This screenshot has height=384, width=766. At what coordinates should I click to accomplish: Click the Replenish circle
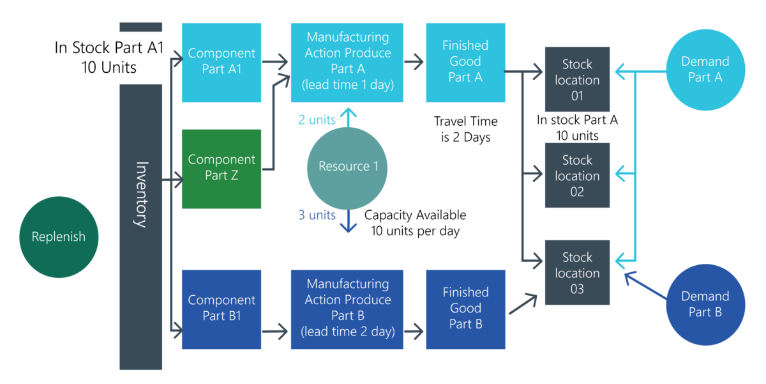pos(59,237)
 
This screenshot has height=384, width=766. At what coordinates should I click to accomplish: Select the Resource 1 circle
pos(347,167)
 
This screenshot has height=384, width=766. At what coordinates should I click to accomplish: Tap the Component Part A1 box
pos(222,62)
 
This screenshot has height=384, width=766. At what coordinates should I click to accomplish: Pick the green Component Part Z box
pos(222,169)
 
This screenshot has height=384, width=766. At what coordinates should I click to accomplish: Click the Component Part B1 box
pos(222,309)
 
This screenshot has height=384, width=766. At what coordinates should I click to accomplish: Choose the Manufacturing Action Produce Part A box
pos(347,62)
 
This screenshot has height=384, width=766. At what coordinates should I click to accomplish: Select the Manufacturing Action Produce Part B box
pos(347,309)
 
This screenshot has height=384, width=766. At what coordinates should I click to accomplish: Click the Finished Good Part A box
pos(465,62)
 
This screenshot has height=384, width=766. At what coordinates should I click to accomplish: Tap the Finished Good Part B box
pos(465,309)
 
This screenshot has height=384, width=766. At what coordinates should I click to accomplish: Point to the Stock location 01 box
pos(577,80)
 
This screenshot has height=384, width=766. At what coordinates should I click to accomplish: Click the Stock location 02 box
pos(577,176)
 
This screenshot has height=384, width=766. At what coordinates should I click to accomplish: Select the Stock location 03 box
pos(577,273)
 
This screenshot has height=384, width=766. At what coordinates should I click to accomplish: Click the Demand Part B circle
pos(705,304)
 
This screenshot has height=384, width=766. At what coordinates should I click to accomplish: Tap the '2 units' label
pos(317,120)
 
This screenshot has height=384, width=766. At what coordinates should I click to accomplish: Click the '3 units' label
pos(317,215)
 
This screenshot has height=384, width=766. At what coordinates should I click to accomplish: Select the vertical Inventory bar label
pos(141,195)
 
